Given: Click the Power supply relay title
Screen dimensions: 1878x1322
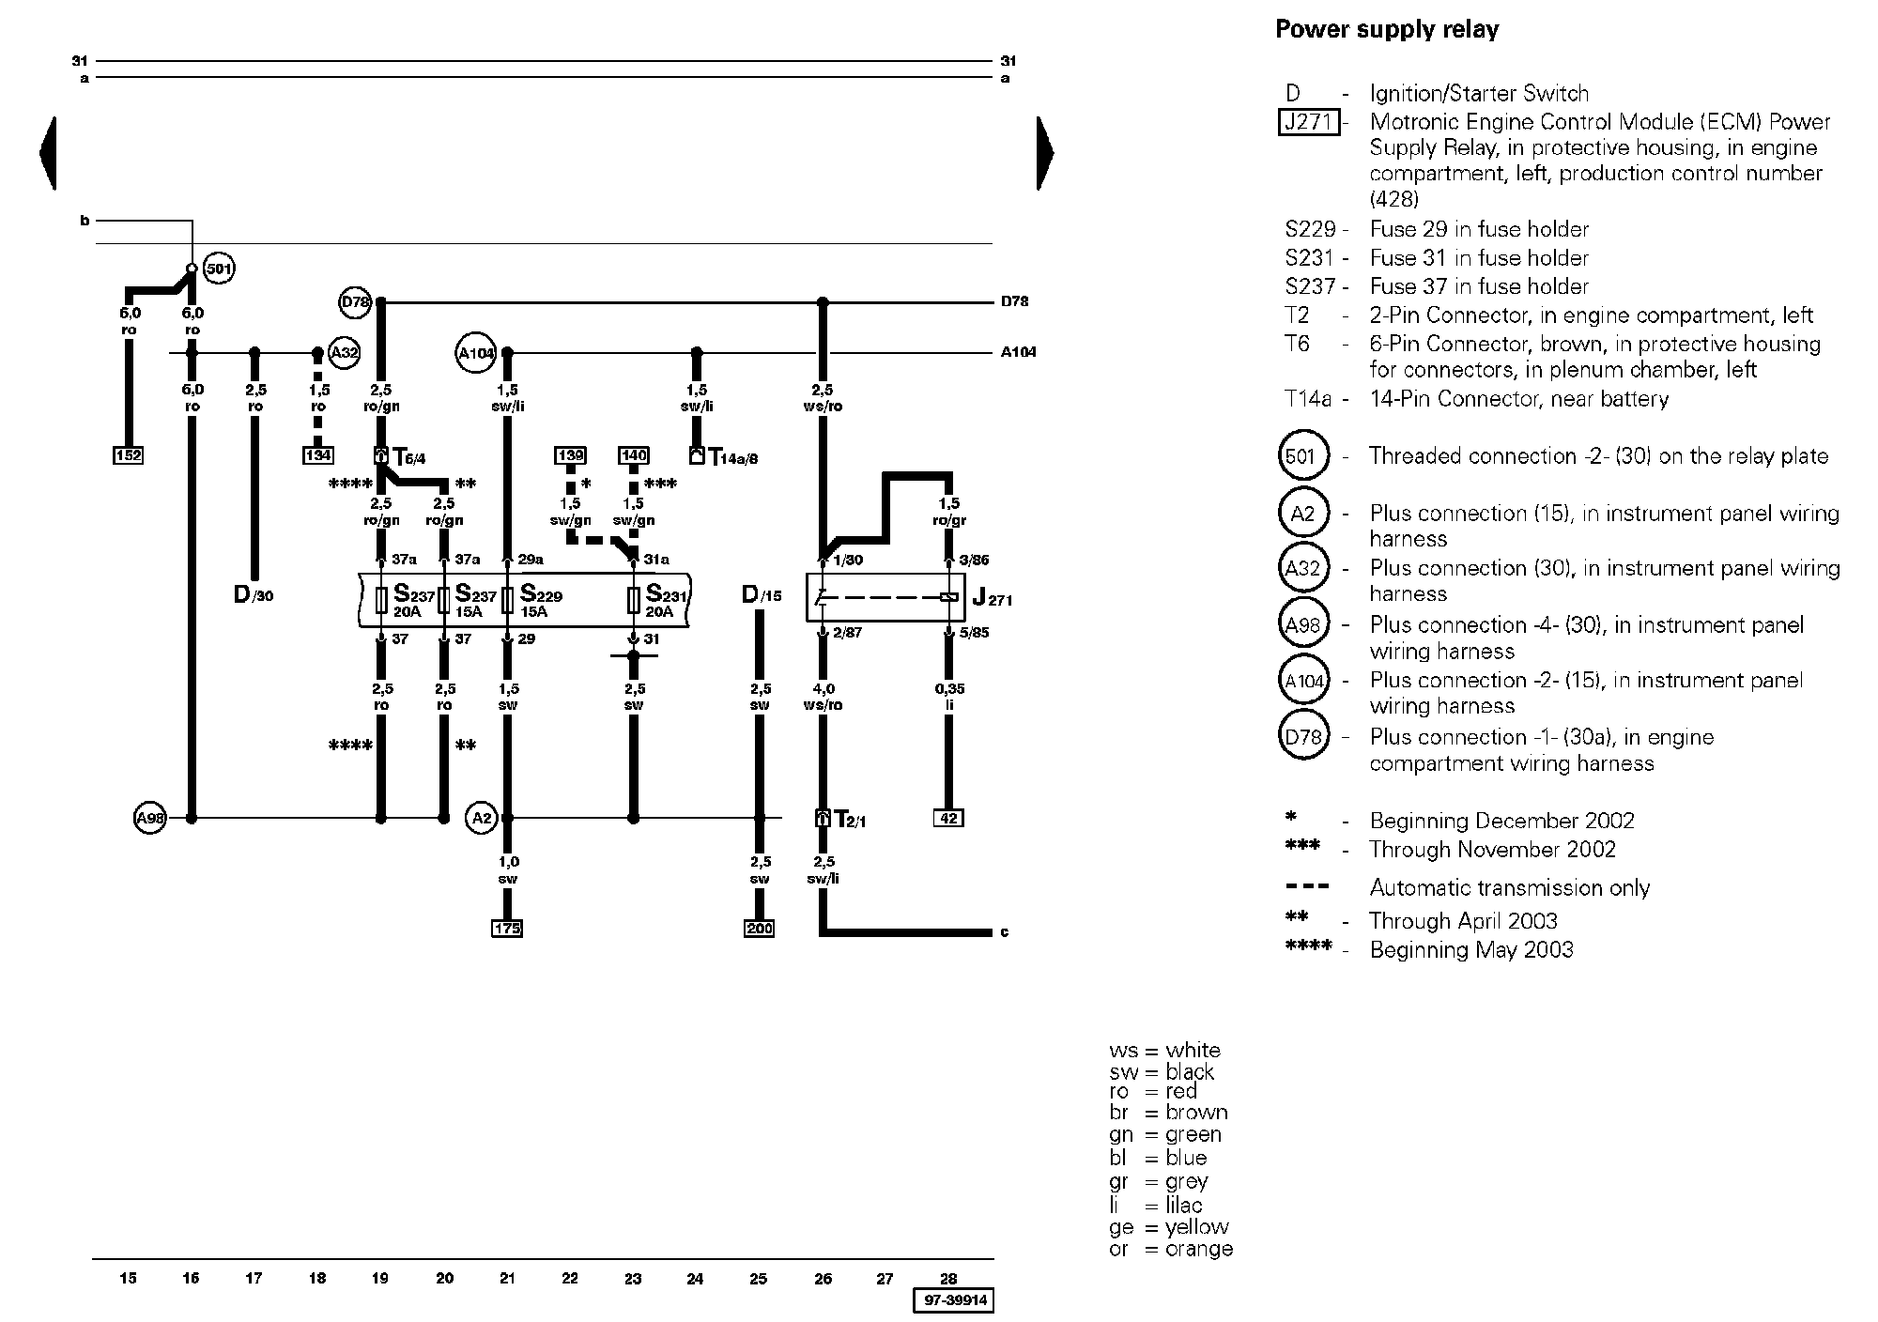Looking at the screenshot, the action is [x=1386, y=30].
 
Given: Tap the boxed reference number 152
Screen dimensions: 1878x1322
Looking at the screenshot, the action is [x=128, y=455].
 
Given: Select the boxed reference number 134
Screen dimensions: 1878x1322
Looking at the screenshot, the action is [x=318, y=455].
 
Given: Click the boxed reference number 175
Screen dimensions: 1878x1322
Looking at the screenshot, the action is [x=507, y=929].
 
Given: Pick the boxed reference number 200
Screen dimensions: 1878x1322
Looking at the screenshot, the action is [x=759, y=929].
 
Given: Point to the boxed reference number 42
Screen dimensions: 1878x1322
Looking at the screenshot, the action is [x=948, y=818].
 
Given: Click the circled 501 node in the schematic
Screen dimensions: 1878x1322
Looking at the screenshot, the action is [x=218, y=269].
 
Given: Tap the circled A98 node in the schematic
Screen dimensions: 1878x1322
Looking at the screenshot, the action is [x=150, y=818].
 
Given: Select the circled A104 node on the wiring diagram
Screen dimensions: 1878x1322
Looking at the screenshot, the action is [x=475, y=353].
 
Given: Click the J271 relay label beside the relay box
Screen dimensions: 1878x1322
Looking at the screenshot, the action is [x=993, y=597].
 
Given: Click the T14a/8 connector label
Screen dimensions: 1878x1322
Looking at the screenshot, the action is [x=732, y=458].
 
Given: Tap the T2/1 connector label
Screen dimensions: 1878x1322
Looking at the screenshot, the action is [x=850, y=820].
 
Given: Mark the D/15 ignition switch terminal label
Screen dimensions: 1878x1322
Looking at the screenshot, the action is [x=762, y=594].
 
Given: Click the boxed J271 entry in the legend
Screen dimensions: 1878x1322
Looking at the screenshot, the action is [x=1309, y=122].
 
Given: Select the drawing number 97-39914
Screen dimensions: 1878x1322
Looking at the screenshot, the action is [x=953, y=1300].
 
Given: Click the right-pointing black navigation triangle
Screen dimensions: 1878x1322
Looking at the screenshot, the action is [x=1045, y=153].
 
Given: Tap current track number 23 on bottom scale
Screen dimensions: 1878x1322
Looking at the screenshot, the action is [x=633, y=1278].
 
